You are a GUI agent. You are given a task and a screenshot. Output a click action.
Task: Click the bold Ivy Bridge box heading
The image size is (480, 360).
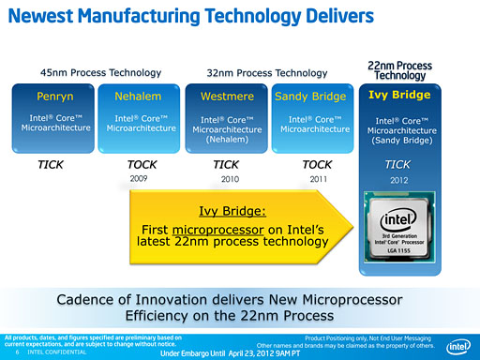tap(399, 95)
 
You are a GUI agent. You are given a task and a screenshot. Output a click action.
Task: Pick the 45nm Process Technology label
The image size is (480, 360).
tap(100, 72)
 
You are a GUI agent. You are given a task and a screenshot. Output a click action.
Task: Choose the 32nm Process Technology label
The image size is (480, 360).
tap(266, 72)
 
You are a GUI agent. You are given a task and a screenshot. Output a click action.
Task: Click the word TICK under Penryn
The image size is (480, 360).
tap(50, 163)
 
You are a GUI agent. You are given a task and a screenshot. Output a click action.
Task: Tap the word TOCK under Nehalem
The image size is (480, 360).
tap(142, 163)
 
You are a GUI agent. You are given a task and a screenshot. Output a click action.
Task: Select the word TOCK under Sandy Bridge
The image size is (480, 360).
tap(318, 163)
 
